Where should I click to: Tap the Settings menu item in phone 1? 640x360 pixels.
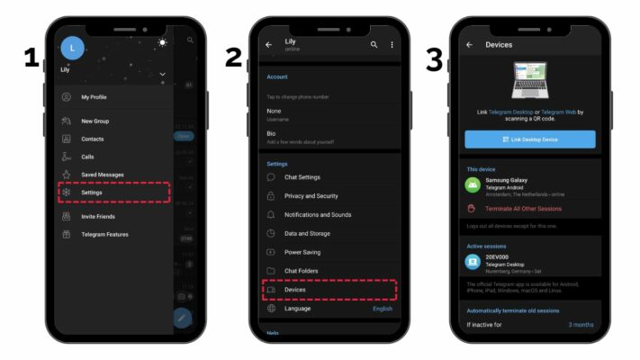pos(92,193)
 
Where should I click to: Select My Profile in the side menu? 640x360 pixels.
pos(94,97)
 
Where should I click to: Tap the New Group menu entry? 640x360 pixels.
pos(95,121)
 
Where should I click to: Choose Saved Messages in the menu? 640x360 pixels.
pos(102,175)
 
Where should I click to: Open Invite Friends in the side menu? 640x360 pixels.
pos(99,216)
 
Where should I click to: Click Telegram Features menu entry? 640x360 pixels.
pos(104,234)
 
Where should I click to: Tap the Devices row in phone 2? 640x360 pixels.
pos(295,290)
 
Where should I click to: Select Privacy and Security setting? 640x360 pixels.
pos(311,195)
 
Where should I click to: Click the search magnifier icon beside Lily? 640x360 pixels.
pos(374,44)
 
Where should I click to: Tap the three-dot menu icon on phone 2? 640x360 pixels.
pos(392,44)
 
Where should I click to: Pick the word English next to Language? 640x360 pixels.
pos(383,309)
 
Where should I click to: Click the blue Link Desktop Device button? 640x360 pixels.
pos(529,139)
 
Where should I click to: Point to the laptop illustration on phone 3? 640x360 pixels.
pos(529,81)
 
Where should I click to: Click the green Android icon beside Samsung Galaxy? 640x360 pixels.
pos(473,184)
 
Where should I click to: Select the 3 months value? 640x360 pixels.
pos(581,325)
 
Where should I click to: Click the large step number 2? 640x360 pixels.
pos(233,59)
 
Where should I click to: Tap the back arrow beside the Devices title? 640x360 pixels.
pos(469,44)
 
